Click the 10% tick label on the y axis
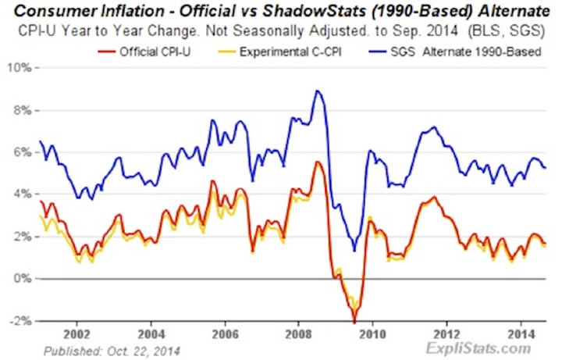click(20, 67)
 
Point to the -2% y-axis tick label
click(20, 321)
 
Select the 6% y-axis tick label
click(21, 151)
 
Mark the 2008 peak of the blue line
click(316, 91)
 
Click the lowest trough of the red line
click(354, 321)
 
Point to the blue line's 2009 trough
click(354, 251)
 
